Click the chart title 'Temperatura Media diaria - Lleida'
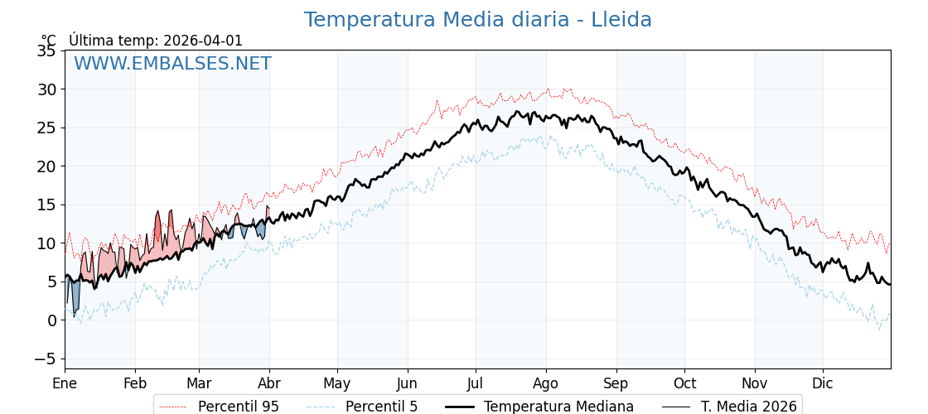[x=477, y=20]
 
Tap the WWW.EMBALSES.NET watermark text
[x=172, y=64]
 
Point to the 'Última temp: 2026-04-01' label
[x=156, y=41]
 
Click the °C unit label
[x=49, y=41]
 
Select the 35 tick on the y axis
[x=46, y=51]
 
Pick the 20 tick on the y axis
[x=46, y=166]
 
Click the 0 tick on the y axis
[x=51, y=320]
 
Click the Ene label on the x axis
[x=65, y=383]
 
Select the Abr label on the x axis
[x=269, y=383]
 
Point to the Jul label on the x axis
[x=476, y=383]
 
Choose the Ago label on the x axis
[x=545, y=383]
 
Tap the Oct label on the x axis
[x=684, y=383]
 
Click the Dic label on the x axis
[x=823, y=383]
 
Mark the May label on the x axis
[x=337, y=383]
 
